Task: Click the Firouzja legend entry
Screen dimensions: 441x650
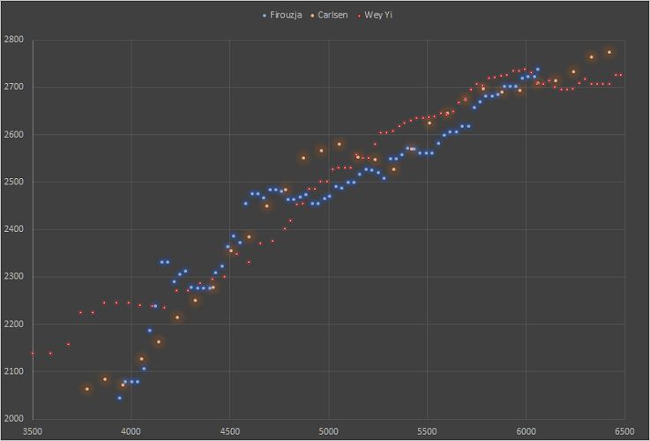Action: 286,15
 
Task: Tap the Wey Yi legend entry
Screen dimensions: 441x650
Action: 378,15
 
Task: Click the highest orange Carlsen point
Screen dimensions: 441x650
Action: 609,52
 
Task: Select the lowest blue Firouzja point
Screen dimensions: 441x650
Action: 120,398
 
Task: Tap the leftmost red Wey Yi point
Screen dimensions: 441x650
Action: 33,353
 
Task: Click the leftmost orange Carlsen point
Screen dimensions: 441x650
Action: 86,389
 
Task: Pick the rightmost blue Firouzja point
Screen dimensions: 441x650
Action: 538,69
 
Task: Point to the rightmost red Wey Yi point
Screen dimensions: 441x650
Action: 622,75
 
